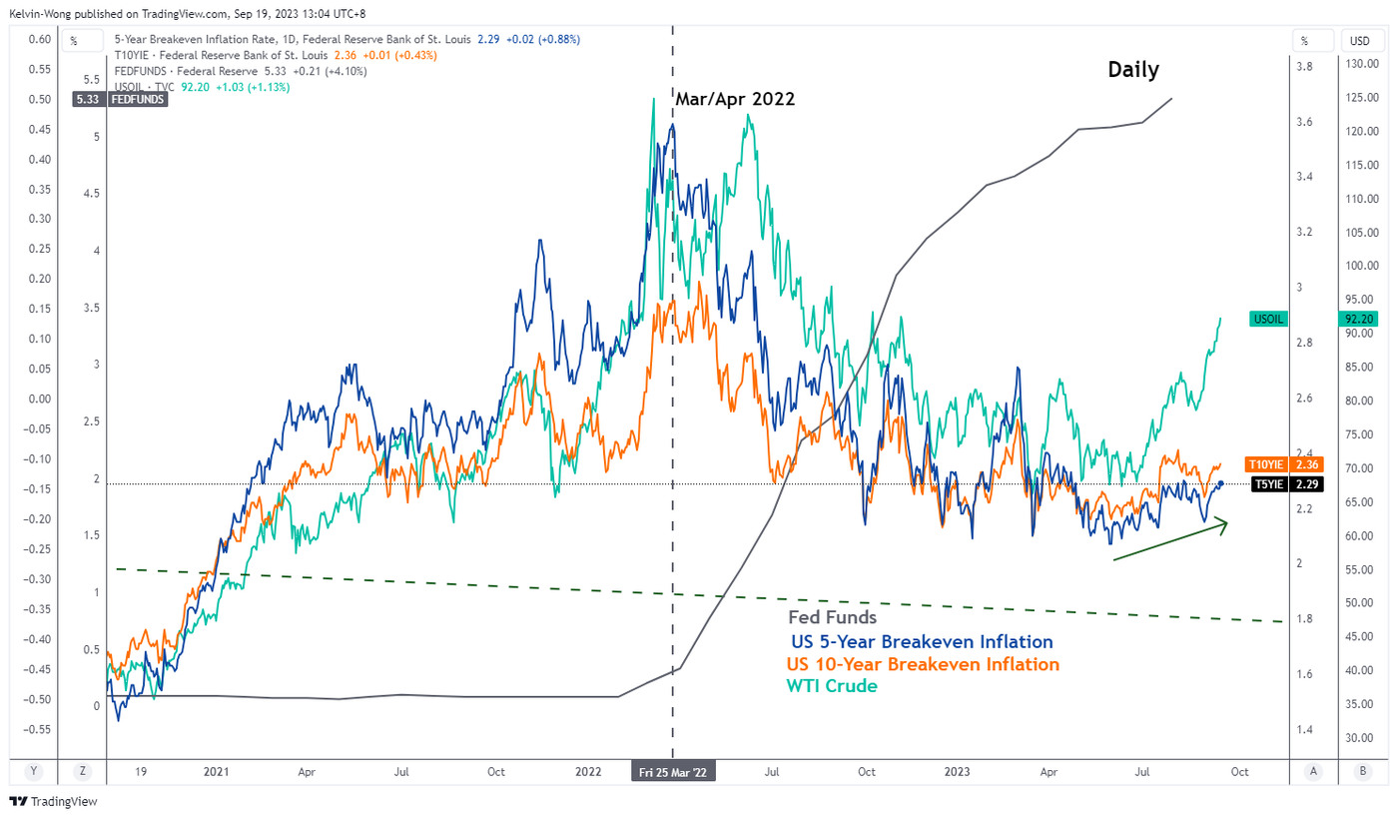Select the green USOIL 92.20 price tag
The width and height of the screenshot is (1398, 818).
coord(1360,319)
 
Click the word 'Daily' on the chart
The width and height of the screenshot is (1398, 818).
coord(1133,70)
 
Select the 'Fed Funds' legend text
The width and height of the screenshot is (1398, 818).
coord(833,618)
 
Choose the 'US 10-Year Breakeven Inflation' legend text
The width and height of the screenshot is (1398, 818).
coord(923,664)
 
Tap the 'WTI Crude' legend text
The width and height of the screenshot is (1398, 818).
coord(832,686)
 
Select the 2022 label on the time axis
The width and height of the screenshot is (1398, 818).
coord(589,772)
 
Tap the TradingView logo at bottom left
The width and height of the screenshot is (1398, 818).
coord(52,802)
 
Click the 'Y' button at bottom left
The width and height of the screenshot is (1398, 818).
coord(33,771)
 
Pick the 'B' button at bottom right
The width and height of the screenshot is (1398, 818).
coord(1362,771)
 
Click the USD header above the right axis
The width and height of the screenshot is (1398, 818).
coord(1360,41)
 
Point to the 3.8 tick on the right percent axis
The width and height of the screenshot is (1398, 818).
coord(1304,67)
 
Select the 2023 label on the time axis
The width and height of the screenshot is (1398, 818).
coord(957,772)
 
